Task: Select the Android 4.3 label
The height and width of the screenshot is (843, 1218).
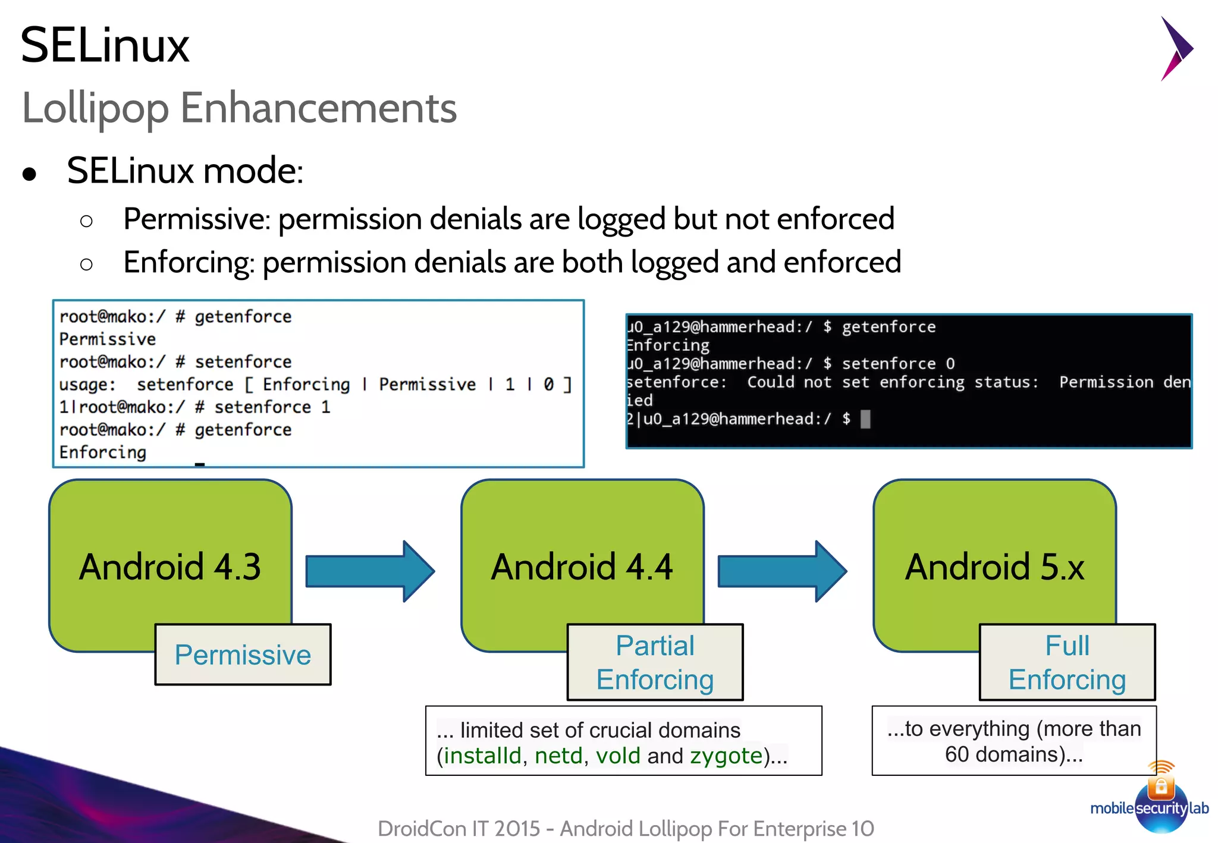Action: coord(170,567)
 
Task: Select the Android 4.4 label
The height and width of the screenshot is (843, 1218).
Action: coord(582,567)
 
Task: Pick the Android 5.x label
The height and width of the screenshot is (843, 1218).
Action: coord(994,567)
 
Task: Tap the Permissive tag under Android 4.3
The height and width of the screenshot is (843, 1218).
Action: coord(243,655)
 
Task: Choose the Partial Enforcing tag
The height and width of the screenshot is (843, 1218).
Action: coord(655,662)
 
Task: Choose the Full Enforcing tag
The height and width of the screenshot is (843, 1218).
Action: coord(1067,662)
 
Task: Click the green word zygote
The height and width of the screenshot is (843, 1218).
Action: coord(726,756)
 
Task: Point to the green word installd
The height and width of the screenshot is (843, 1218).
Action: coord(482,756)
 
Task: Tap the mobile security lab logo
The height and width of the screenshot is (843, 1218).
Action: coord(1160,803)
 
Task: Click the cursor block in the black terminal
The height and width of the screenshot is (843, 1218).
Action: coord(865,419)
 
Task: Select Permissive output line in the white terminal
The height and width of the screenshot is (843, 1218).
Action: coord(108,339)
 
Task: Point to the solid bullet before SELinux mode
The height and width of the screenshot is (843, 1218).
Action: coord(29,174)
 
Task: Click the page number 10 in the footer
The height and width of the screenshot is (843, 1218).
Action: coord(862,828)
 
